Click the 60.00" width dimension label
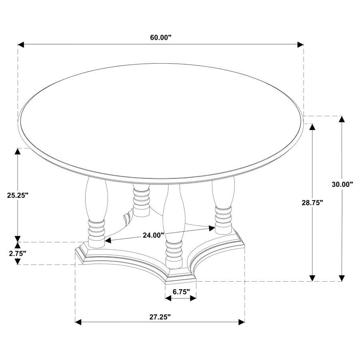[160, 38]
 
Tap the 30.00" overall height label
[342, 184]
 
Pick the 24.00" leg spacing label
[153, 235]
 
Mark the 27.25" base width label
[160, 317]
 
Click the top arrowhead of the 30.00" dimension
[342, 119]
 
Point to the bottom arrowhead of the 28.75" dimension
[312, 278]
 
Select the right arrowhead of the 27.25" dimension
[242, 322]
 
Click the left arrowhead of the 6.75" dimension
[168, 298]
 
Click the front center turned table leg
[174, 224]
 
